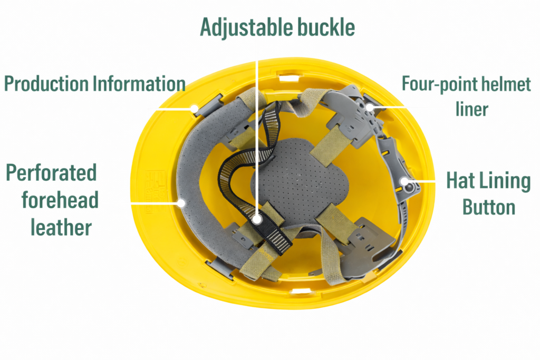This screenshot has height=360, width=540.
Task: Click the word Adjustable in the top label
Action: pyautogui.click(x=246, y=27)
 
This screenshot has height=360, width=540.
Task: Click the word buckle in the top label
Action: pyautogui.click(x=326, y=27)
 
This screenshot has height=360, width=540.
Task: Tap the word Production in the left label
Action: pyautogui.click(x=46, y=84)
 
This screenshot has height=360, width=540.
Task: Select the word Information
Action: pyautogui.click(x=139, y=84)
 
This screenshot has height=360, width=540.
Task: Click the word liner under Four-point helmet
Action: pyautogui.click(x=472, y=109)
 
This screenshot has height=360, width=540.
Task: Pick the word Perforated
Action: pyautogui.click(x=51, y=173)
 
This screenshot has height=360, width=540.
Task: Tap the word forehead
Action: pyautogui.click(x=60, y=200)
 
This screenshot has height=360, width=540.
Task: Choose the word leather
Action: pyautogui.click(x=61, y=228)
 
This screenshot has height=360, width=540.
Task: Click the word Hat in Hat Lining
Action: pyautogui.click(x=460, y=180)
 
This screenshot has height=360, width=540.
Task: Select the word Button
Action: pyautogui.click(x=489, y=207)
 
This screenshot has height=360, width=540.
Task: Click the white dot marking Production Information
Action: pyautogui.click(x=195, y=109)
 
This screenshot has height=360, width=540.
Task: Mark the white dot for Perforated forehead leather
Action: pyautogui.click(x=181, y=203)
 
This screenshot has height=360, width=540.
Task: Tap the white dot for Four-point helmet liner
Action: pyautogui.click(x=370, y=108)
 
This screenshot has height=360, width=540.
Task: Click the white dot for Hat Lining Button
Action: pyautogui.click(x=404, y=181)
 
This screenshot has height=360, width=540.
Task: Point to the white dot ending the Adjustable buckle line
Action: pyautogui.click(x=257, y=219)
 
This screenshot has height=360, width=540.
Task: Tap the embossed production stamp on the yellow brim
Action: pyautogui.click(x=155, y=191)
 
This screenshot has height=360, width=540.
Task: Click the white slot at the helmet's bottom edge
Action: pyautogui.click(x=301, y=292)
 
